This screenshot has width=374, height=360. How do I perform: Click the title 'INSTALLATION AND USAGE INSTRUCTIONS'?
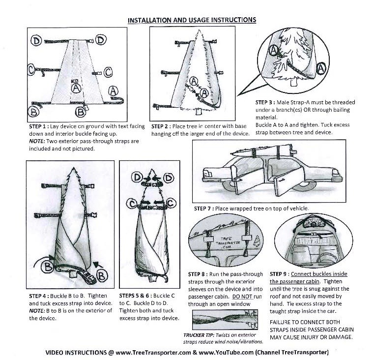[192, 20]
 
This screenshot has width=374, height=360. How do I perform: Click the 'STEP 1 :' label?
[40, 126]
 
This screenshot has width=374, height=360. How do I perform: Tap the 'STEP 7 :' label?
[204, 209]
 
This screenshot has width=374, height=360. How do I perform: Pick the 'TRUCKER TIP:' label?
[198, 335]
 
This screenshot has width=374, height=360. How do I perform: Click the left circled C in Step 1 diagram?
[32, 70]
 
